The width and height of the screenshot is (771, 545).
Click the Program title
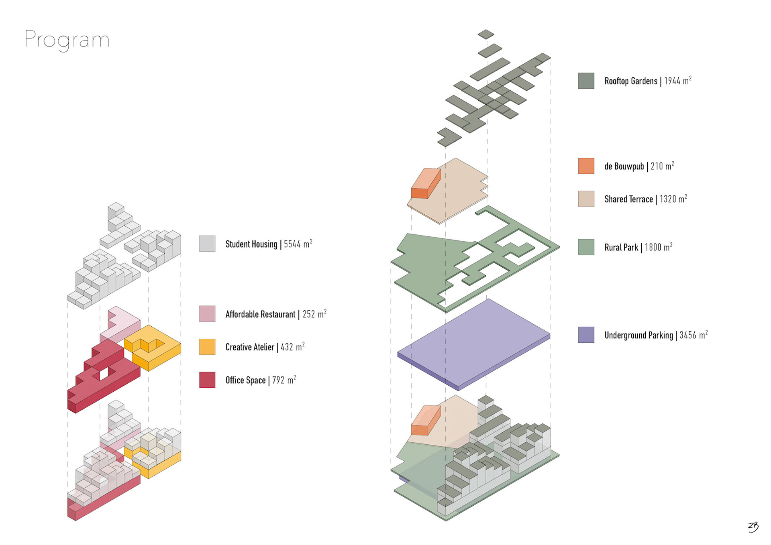[x=67, y=40]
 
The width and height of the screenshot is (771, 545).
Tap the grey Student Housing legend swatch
[x=207, y=244]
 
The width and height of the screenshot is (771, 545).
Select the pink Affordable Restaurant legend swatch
[x=207, y=314]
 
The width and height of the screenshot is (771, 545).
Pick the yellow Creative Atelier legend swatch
[x=207, y=347]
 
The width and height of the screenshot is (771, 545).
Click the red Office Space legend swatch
[x=207, y=380]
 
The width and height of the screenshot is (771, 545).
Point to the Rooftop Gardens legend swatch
[x=586, y=81]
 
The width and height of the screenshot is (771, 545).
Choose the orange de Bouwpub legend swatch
[x=586, y=166]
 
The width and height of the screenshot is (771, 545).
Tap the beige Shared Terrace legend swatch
[x=586, y=199]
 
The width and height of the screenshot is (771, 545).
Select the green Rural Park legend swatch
[x=586, y=247]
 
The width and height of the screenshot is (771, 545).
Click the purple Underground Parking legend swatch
[x=586, y=335]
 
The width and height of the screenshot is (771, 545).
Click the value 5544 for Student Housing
[x=292, y=244]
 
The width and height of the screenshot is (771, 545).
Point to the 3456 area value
[x=688, y=336]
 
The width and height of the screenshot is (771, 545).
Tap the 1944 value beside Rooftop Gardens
[x=672, y=81]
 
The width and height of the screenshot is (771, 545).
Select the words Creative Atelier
[x=250, y=347]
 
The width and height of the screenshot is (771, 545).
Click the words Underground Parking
[x=638, y=336]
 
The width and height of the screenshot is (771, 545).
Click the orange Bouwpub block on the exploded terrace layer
[x=426, y=183]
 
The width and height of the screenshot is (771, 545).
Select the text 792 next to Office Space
[x=279, y=380]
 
